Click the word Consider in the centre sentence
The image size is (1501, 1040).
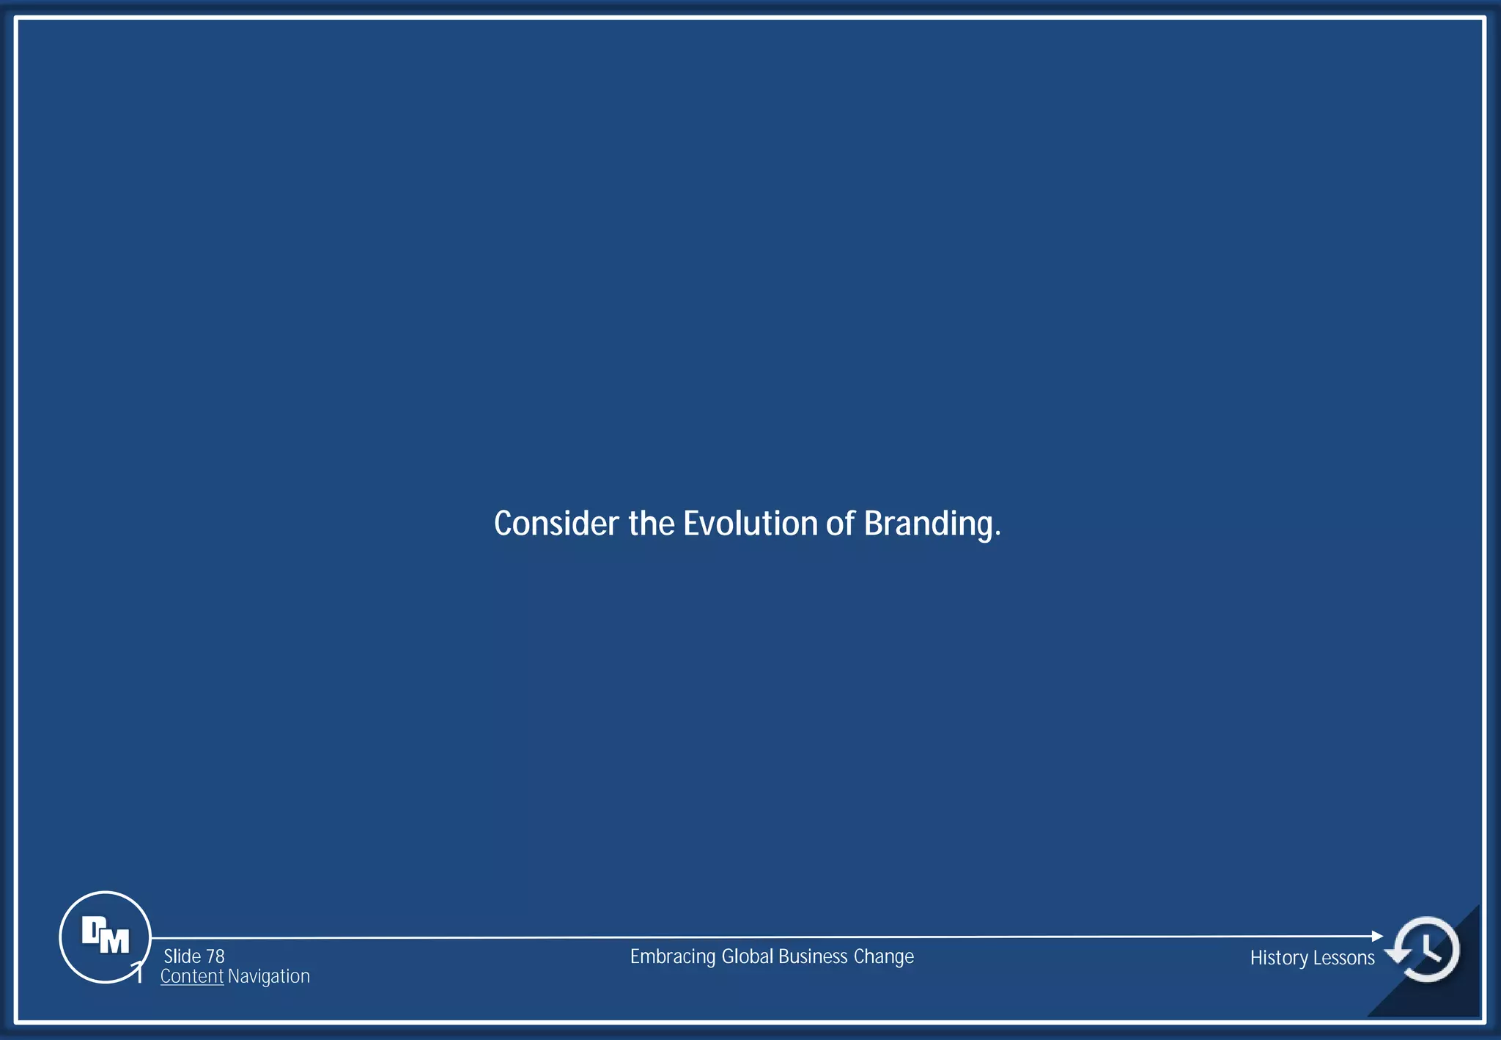point(556,524)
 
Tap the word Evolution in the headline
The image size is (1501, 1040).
point(750,524)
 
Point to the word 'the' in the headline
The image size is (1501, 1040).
point(651,524)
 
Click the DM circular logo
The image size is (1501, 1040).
point(105,937)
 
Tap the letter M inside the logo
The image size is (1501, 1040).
point(114,941)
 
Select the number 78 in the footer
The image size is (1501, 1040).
point(215,956)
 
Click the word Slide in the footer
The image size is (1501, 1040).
point(182,956)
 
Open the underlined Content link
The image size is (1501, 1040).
point(191,976)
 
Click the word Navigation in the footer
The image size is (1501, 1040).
point(269,977)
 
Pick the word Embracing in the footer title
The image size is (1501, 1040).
point(672,957)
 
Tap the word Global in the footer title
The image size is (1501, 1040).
point(747,956)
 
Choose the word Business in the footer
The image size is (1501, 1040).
point(813,956)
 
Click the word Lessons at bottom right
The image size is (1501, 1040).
point(1344,958)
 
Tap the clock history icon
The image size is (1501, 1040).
point(1426,949)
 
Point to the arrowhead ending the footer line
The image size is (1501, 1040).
point(1377,936)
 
